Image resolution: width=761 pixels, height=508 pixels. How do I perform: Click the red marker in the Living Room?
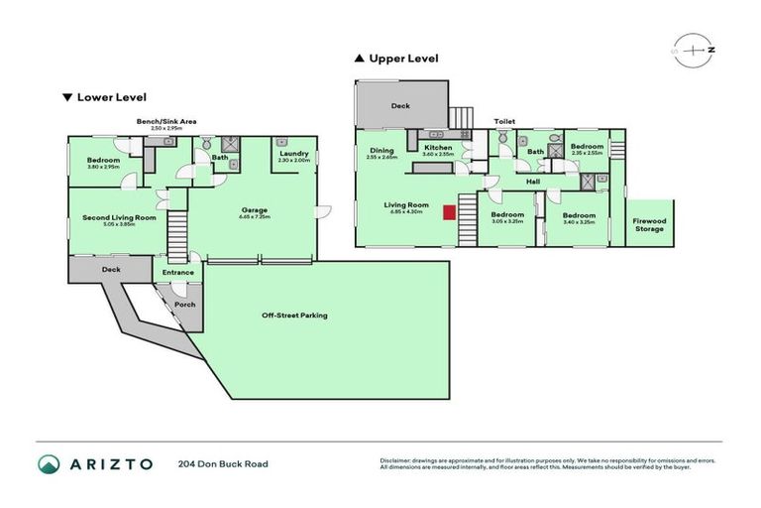449,211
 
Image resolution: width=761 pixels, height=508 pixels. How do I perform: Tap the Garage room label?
253,209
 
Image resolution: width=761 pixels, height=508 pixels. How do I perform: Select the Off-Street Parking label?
294,316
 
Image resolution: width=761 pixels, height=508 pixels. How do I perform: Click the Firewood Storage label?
649,224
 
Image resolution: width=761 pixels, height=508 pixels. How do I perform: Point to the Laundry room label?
294,154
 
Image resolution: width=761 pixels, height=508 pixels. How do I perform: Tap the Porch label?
185,305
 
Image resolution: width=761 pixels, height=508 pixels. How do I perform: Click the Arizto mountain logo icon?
50,463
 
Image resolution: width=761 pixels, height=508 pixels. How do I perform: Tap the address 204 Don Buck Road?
223,463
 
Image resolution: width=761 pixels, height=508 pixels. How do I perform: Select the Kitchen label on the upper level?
438,149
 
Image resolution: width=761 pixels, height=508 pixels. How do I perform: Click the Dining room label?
381,151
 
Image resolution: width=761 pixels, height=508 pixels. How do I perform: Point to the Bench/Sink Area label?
166,121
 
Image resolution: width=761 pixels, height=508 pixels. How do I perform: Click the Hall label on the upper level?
533,182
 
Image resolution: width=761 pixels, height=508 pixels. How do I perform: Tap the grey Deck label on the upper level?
400,105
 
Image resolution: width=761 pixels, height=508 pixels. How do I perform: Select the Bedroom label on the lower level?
103,160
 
